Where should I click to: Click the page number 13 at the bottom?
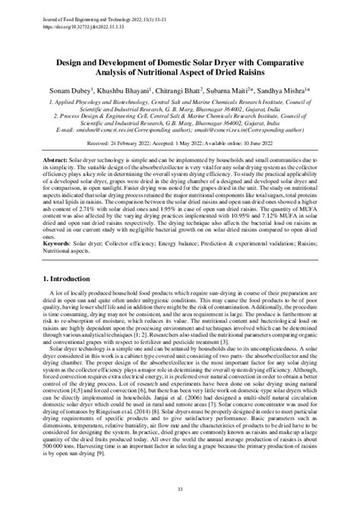point(180,491)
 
